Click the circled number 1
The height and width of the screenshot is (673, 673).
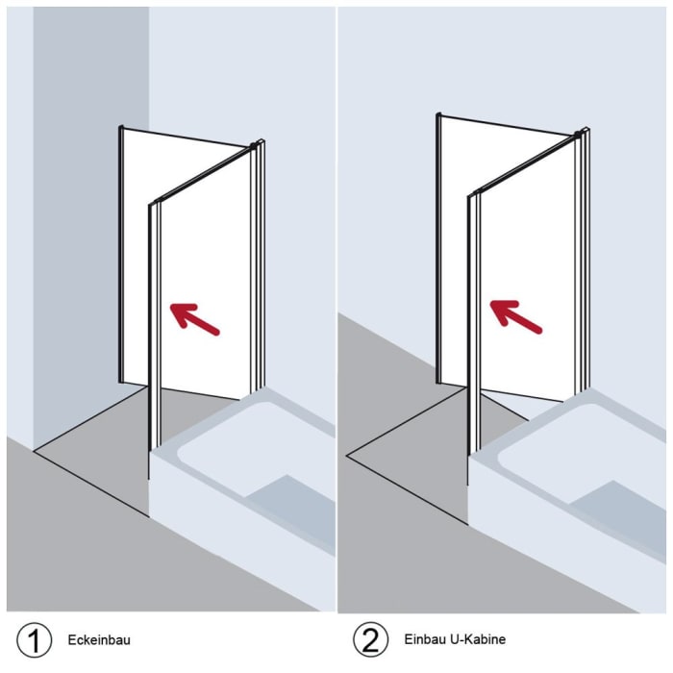34,640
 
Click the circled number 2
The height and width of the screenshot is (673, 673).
371,639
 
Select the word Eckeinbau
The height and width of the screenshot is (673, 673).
99,640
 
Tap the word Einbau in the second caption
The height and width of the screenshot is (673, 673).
424,639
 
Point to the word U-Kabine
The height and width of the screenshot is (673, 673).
477,639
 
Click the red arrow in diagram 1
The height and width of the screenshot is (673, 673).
195,319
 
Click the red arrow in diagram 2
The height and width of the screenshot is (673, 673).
515,316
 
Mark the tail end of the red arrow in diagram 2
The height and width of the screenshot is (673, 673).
540,331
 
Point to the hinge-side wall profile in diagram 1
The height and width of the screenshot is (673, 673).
258,266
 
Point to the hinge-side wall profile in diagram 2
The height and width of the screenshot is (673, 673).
582,261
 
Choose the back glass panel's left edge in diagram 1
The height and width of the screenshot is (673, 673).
120,254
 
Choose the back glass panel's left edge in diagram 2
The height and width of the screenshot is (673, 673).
438,248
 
